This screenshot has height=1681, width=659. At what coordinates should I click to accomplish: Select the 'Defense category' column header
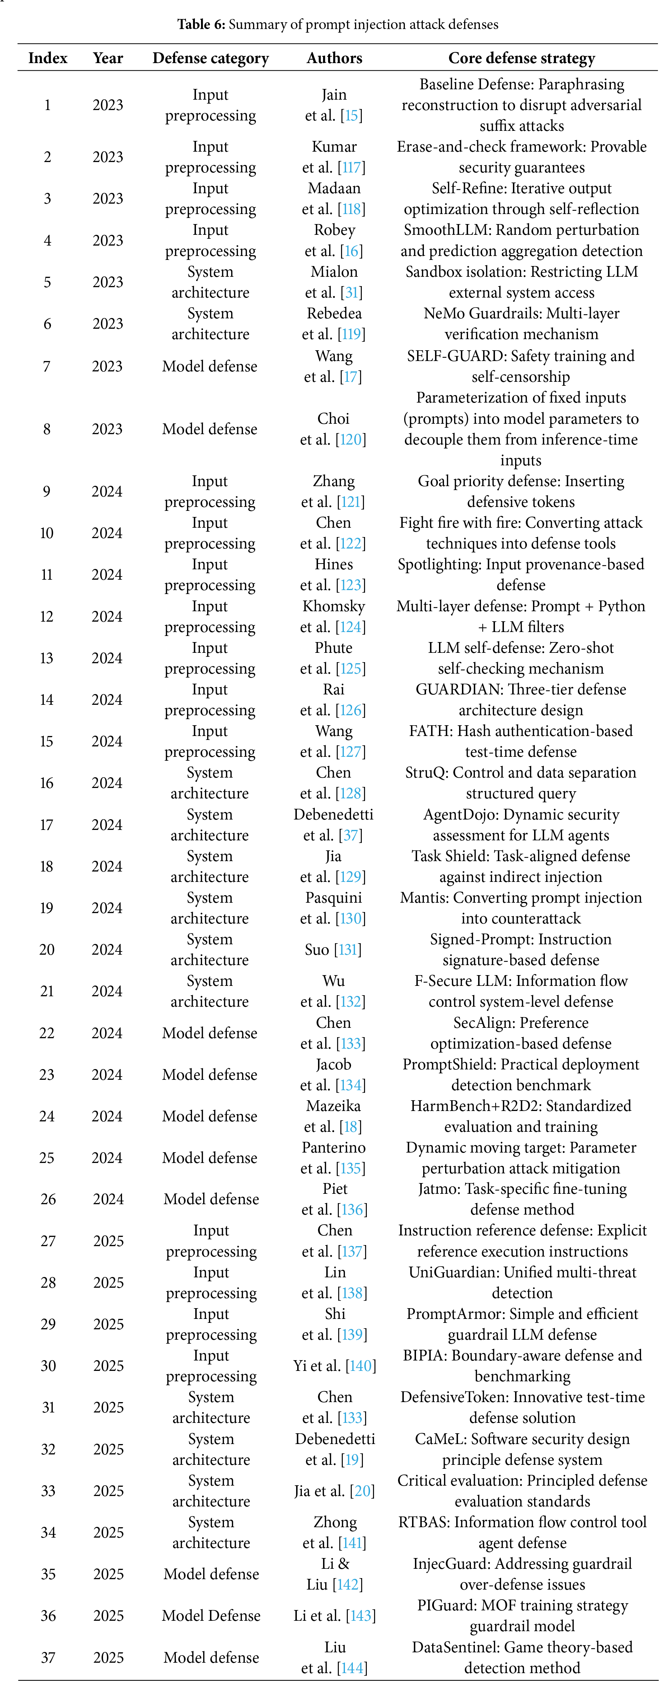(210, 58)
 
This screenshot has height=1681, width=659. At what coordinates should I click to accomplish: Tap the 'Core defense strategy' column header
(521, 58)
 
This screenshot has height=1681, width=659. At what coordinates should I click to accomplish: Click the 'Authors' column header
(335, 58)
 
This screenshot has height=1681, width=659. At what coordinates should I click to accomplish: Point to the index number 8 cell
(46, 429)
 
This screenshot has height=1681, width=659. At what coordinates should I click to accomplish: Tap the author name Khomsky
(334, 606)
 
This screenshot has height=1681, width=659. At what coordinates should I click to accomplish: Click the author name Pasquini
(334, 898)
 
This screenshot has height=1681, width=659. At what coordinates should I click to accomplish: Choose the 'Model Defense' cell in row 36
(211, 1616)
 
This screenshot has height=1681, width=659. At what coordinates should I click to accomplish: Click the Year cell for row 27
(108, 1241)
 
